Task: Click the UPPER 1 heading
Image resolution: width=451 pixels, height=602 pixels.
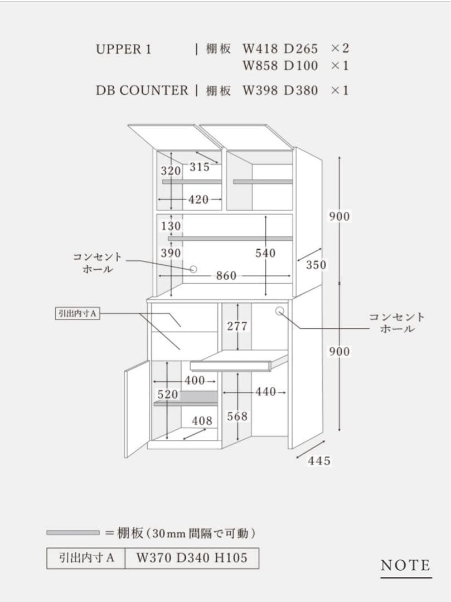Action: pos(123,49)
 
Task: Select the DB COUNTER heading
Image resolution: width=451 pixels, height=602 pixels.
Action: pos(142,90)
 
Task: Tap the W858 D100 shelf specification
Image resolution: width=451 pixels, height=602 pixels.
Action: pos(280,66)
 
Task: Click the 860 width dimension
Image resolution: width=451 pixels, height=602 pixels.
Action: pos(226,276)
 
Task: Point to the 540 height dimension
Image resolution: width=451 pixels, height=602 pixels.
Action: pos(265,253)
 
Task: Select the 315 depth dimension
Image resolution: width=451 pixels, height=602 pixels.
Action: pos(200,167)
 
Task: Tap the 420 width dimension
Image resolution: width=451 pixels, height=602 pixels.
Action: pos(198,200)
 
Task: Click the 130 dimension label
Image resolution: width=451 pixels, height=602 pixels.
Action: pos(171,226)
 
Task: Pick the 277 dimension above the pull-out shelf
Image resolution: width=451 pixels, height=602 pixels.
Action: pos(237,326)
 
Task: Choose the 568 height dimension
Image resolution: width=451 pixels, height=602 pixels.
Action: pos(237,416)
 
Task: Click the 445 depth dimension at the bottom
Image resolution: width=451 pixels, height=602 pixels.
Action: pos(319,461)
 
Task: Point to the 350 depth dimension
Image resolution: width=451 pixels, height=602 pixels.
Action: pos(316,265)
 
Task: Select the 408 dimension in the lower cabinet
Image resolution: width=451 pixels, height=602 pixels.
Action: pos(202,421)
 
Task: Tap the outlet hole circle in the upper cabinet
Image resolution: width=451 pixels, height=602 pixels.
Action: pos(193,269)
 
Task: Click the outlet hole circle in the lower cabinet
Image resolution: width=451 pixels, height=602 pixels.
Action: pos(280,311)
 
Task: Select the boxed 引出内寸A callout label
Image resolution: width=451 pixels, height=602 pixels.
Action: pos(77,313)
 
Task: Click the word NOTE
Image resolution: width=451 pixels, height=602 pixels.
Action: pos(405,566)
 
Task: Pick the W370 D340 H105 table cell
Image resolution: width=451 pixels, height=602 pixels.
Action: pos(191,557)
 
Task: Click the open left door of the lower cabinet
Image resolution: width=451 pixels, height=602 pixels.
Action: pos(137,408)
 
